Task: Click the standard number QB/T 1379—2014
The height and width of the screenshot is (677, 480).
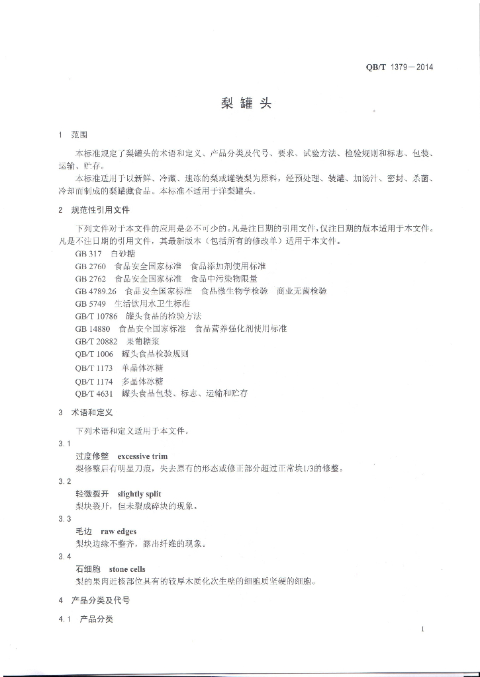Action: [399, 66]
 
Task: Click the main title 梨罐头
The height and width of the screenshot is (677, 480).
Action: [246, 104]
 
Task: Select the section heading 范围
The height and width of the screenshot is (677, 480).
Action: [79, 135]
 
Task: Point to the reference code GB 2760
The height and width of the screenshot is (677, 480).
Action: [91, 266]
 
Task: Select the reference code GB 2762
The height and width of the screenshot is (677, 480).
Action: [91, 278]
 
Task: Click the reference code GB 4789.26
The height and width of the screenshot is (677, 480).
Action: [95, 291]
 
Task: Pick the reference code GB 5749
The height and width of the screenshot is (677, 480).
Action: [91, 303]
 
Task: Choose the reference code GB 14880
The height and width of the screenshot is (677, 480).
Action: [93, 329]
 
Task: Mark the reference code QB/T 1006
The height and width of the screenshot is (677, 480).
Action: [94, 354]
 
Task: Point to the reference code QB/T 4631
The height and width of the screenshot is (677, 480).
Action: [94, 393]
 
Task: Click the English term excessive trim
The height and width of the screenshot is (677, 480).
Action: [142, 456]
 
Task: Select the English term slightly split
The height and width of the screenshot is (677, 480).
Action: [139, 494]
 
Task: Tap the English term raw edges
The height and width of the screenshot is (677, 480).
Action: [119, 532]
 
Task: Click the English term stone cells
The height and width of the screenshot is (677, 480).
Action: [127, 569]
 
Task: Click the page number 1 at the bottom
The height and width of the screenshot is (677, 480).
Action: [422, 629]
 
